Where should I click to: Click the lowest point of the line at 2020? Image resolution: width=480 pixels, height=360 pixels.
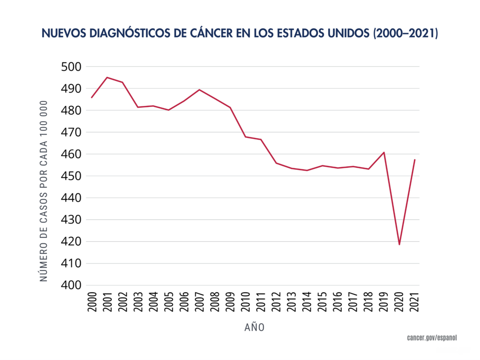pyautogui.click(x=399, y=244)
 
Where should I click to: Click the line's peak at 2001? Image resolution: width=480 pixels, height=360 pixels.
pyautogui.click(x=107, y=77)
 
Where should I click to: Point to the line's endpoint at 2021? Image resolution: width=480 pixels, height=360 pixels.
pyautogui.click(x=414, y=160)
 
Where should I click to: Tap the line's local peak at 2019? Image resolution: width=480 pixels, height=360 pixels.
pyautogui.click(x=384, y=152)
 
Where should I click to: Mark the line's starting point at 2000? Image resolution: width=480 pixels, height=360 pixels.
pyautogui.click(x=92, y=97)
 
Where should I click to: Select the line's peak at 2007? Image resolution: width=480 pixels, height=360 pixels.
pyautogui.click(x=199, y=90)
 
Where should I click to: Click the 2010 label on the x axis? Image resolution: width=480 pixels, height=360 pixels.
pyautogui.click(x=245, y=301)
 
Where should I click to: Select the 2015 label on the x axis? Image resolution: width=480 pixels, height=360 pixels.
pyautogui.click(x=322, y=301)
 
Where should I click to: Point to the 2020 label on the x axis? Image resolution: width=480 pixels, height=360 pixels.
pyautogui.click(x=399, y=301)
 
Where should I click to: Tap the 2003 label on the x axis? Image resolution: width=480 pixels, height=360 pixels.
pyautogui.click(x=138, y=301)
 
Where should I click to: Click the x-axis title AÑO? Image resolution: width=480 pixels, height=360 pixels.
pyautogui.click(x=254, y=327)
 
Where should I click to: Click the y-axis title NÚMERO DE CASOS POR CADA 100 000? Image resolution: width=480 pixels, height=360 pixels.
pyautogui.click(x=44, y=191)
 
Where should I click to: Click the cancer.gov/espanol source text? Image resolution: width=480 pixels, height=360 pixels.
pyautogui.click(x=432, y=337)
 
